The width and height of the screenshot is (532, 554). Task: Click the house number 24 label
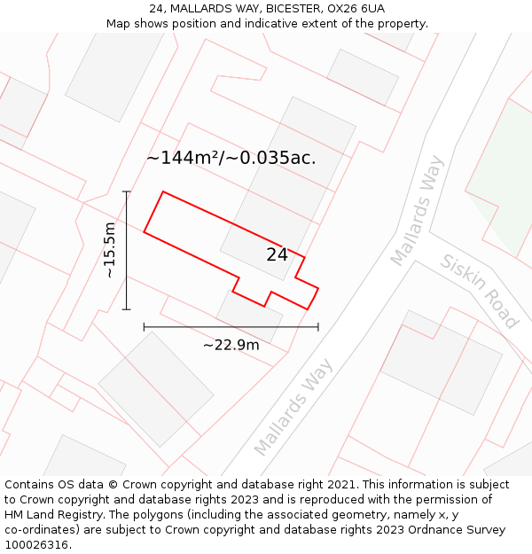pos(277,255)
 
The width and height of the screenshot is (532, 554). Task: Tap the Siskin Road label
pos(479,291)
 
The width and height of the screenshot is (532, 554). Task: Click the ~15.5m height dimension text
pos(109,250)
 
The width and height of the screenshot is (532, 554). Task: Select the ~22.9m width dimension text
pos(231,345)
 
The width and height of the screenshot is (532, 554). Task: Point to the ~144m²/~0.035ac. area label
pos(231,158)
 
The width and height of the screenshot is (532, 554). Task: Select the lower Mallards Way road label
pos(293,406)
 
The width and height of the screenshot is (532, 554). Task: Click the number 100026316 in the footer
pos(36,544)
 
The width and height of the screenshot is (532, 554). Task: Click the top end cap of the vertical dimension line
pos(127,191)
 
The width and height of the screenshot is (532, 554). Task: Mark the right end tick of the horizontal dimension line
pos(318,327)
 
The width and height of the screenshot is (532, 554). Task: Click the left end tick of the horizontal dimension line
pos(145,327)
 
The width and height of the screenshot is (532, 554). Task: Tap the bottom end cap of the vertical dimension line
pos(127,309)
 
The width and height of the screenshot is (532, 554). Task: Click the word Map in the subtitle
pos(119,24)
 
